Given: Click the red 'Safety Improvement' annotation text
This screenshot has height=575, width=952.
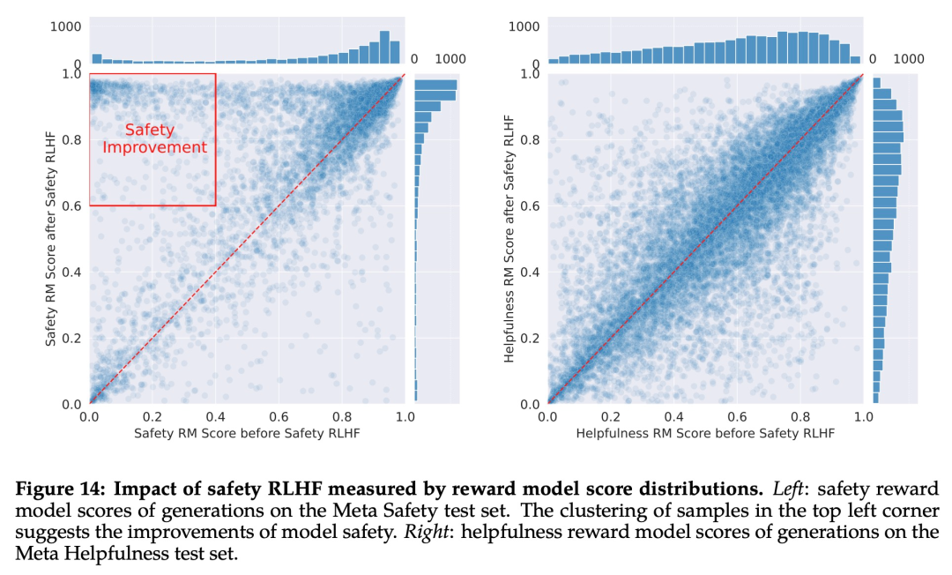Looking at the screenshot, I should coord(154,138).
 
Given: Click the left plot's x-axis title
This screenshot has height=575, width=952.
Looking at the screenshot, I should coord(247,434).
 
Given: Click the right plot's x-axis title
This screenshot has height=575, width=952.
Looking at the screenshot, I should coord(704,434).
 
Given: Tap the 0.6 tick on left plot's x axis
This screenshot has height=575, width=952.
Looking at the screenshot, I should coord(278,417).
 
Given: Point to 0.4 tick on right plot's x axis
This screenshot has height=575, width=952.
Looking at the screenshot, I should coord(673,417).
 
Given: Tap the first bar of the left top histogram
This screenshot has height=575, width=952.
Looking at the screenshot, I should coord(96,59).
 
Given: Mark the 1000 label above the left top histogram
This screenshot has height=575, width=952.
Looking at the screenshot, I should coord(66,26).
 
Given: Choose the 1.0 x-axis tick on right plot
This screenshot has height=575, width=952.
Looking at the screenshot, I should coord(861,417).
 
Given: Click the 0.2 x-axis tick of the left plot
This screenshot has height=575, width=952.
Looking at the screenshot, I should coord(152,417).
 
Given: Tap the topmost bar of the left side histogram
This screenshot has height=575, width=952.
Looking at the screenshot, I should coord(435,85).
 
